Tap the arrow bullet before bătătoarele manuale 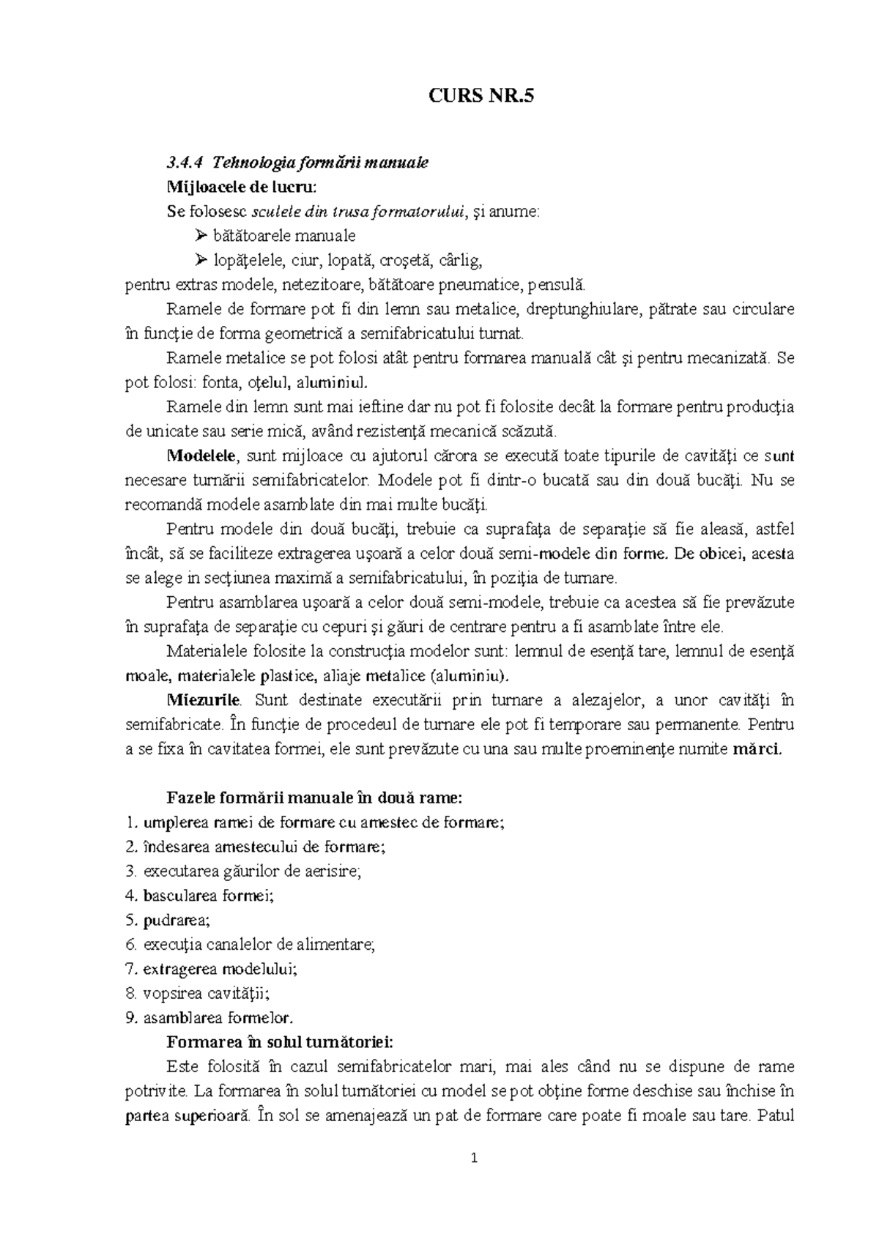pyautogui.click(x=201, y=236)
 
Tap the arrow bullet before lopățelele pyautogui.click(x=201, y=260)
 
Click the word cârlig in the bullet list pyautogui.click(x=461, y=260)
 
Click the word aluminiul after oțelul pyautogui.click(x=335, y=382)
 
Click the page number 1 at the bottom pyautogui.click(x=474, y=1159)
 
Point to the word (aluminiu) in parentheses pyautogui.click(x=468, y=675)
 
